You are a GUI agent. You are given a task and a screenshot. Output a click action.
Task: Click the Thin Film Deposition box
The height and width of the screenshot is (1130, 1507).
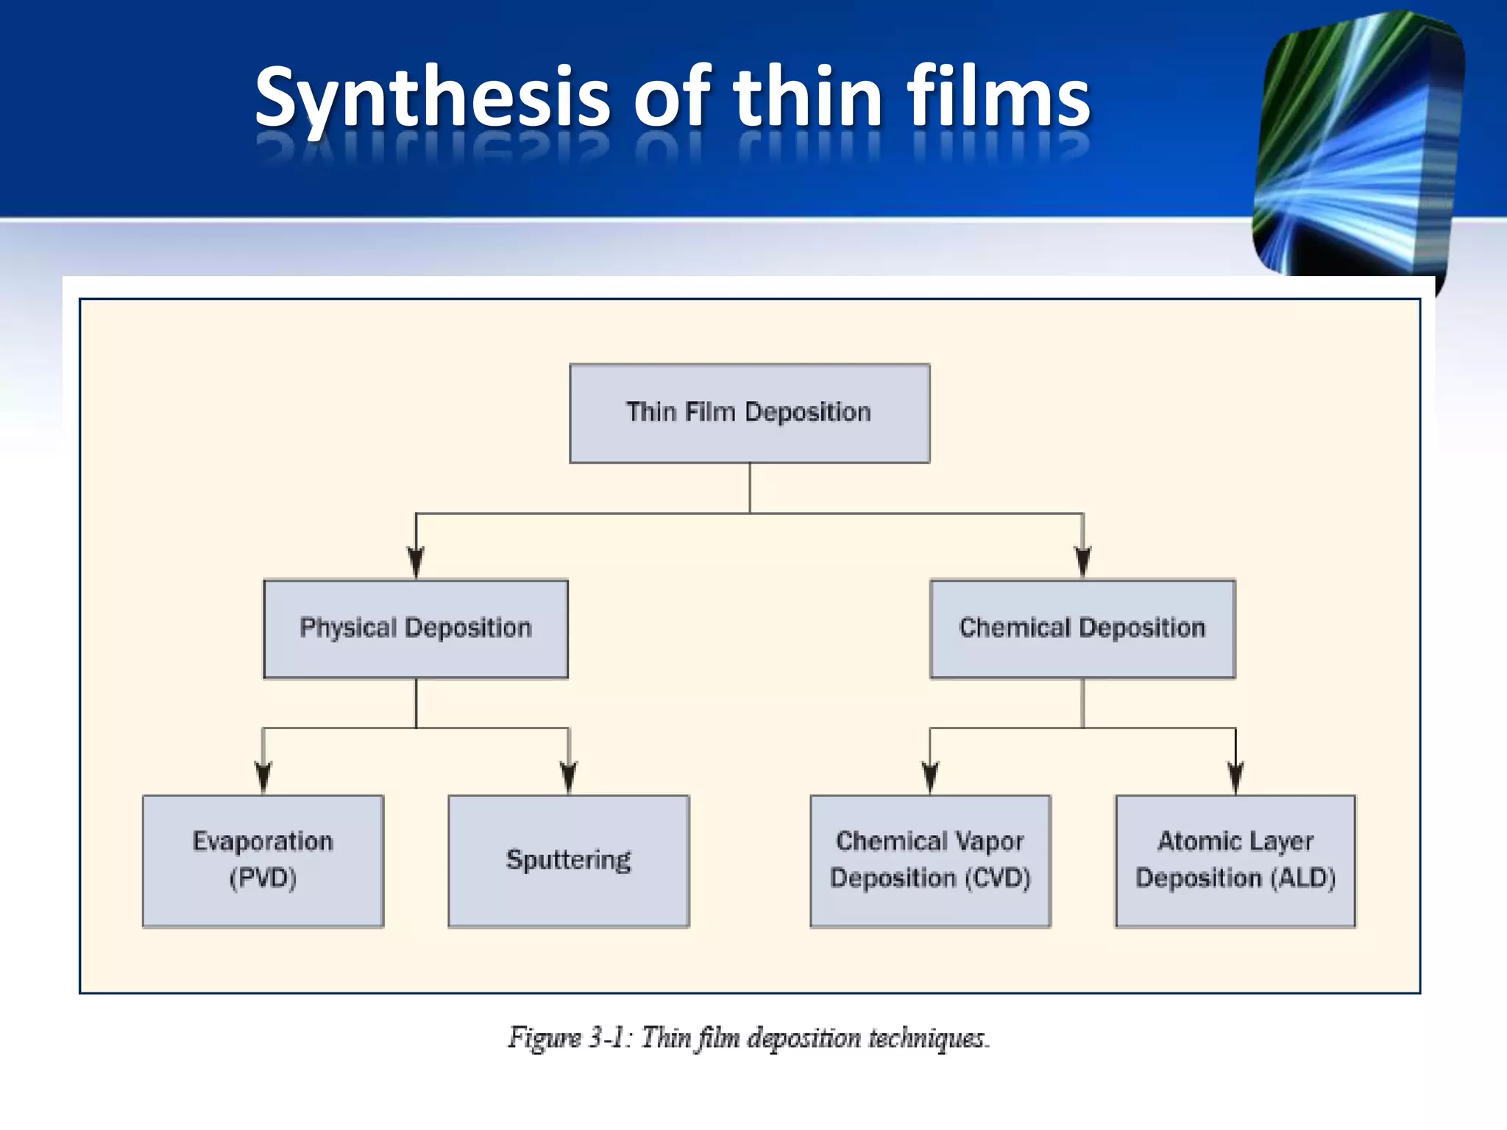click(749, 413)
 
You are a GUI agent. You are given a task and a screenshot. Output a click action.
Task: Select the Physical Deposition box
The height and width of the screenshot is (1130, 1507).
click(416, 628)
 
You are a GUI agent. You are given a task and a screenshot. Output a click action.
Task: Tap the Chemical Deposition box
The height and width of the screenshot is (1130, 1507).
click(1082, 628)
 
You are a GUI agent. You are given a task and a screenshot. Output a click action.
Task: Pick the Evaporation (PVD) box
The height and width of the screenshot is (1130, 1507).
click(263, 860)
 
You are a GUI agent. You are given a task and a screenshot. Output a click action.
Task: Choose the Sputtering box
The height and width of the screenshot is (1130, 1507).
click(568, 860)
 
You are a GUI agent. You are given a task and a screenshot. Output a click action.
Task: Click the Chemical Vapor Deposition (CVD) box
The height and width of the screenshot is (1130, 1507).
click(930, 860)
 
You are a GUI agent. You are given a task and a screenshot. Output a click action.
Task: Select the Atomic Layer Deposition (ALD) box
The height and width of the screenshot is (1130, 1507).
click(1235, 860)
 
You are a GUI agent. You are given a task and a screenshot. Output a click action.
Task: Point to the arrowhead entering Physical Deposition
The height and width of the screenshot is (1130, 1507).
click(416, 564)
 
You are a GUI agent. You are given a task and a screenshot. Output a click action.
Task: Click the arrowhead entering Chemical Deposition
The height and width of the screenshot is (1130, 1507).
click(1082, 564)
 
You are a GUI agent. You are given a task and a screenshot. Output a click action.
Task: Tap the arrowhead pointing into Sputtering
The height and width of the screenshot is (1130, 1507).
click(568, 778)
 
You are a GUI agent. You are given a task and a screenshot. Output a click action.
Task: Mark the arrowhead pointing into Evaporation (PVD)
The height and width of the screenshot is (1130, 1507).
click(263, 778)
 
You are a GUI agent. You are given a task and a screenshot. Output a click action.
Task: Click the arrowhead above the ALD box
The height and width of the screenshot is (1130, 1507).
click(1235, 778)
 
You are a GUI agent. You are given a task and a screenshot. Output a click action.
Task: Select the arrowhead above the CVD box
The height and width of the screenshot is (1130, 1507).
click(930, 778)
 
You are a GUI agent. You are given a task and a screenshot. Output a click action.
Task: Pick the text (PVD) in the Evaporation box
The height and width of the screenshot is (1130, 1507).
click(263, 878)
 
